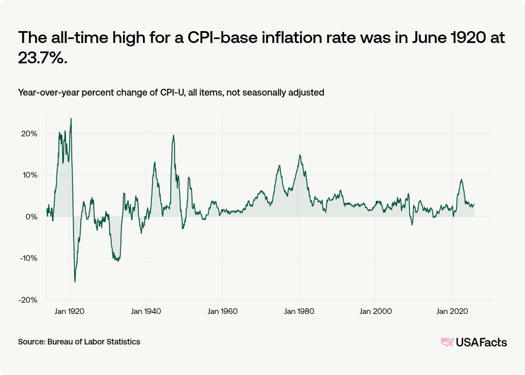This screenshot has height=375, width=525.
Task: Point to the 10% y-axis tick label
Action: (29, 175)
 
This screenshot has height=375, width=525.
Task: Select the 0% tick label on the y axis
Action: (31, 217)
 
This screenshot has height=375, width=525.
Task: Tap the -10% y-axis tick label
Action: (28, 258)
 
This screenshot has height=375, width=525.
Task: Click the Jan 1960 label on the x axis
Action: (223, 311)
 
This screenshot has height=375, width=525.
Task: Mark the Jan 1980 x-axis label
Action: (300, 311)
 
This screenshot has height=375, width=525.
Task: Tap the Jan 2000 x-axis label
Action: (376, 311)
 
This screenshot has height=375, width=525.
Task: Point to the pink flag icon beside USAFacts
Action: (447, 342)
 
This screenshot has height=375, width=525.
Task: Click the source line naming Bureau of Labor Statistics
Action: (79, 342)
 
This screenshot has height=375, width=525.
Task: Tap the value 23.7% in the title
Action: (42, 58)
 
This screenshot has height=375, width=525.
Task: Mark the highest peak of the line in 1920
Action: (71, 119)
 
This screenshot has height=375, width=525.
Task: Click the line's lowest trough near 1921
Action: (75, 282)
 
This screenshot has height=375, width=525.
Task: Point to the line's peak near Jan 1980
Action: (300, 155)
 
